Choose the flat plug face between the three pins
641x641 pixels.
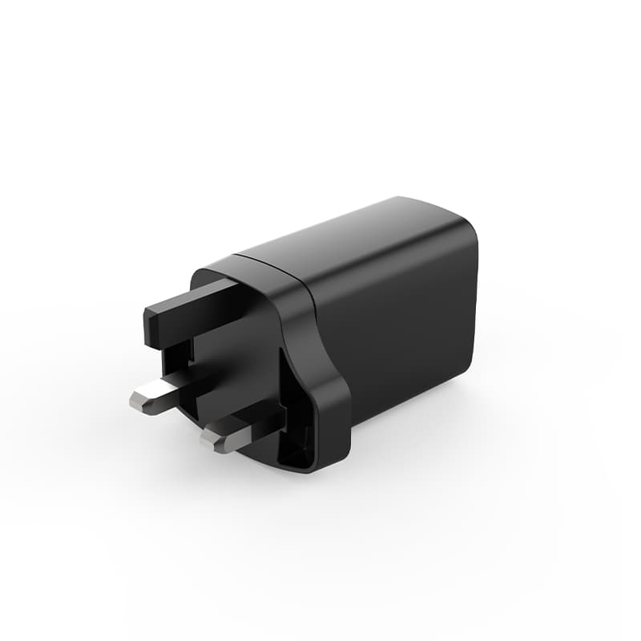click(232, 361)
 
